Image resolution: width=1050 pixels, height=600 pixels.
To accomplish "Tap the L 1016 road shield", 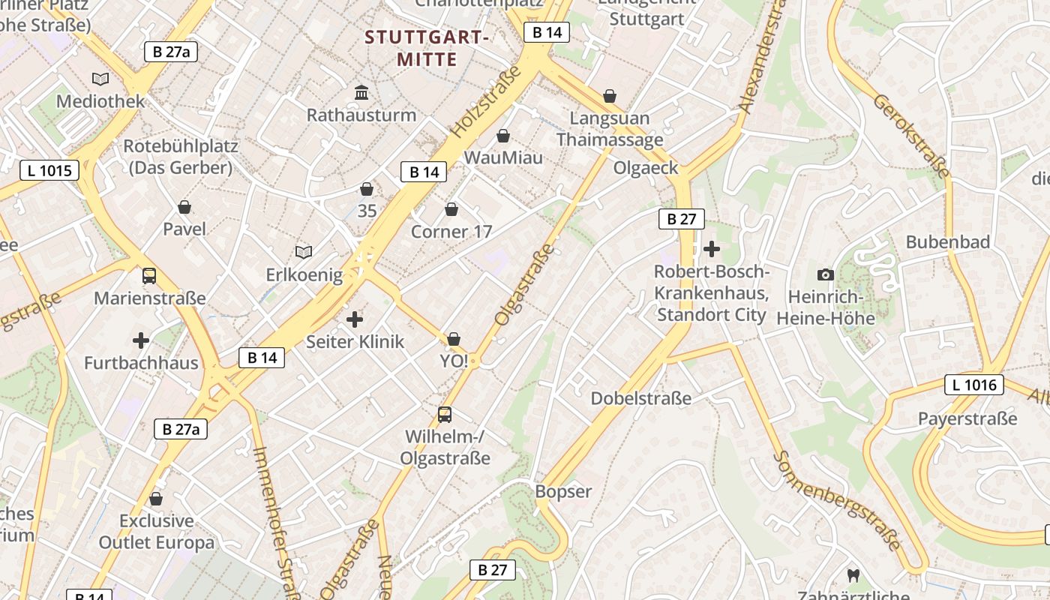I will (974, 385).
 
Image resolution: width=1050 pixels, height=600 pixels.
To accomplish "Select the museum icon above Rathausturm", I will (361, 92).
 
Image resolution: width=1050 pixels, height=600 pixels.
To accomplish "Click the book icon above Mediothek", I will (100, 79).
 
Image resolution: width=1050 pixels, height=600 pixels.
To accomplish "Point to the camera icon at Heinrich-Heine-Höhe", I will (826, 275).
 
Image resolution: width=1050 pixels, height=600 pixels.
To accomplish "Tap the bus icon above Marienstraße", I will (149, 276).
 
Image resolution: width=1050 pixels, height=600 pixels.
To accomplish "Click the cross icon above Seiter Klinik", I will (355, 320).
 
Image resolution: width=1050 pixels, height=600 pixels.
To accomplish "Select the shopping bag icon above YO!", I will (454, 340).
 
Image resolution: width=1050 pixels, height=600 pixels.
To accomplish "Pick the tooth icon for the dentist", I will (852, 576).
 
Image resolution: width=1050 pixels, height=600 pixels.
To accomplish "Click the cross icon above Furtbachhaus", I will (141, 341).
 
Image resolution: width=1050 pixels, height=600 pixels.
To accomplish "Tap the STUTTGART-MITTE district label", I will (427, 48).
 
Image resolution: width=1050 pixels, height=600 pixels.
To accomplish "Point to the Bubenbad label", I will (948, 242).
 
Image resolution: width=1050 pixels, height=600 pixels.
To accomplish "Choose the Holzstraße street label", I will (485, 102).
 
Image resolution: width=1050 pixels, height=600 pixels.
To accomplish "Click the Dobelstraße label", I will (641, 398).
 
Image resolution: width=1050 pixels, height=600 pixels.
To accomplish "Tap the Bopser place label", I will (563, 492).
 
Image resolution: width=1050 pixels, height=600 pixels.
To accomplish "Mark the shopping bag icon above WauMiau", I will (503, 136).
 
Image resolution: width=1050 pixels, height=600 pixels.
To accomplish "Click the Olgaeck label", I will (646, 168).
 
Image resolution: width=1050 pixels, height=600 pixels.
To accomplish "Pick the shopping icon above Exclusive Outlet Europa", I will (156, 499).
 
